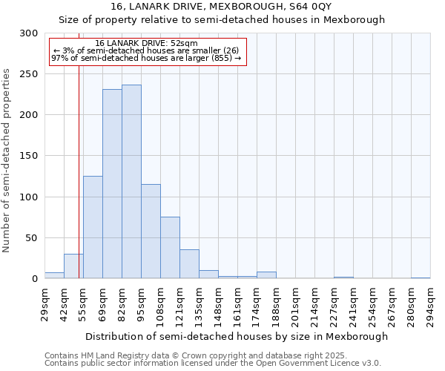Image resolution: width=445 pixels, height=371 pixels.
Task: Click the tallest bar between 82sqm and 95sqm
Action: [131, 182]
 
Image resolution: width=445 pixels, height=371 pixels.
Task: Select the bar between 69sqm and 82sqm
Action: [112, 184]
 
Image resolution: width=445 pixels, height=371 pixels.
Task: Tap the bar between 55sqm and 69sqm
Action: [93, 227]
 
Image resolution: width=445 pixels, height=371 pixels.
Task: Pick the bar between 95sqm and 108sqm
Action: [151, 232]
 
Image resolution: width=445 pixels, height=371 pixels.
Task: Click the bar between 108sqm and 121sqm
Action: [170, 248]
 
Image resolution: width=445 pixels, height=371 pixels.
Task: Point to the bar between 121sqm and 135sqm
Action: [189, 264]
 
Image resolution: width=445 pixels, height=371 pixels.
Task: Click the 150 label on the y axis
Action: [30, 156]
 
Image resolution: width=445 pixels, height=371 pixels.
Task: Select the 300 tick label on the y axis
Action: [30, 33]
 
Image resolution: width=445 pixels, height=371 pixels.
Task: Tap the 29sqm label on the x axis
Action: [45, 303]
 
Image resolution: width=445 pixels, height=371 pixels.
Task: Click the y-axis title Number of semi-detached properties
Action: [7, 160]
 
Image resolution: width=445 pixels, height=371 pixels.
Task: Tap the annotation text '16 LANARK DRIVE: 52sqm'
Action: [147, 43]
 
